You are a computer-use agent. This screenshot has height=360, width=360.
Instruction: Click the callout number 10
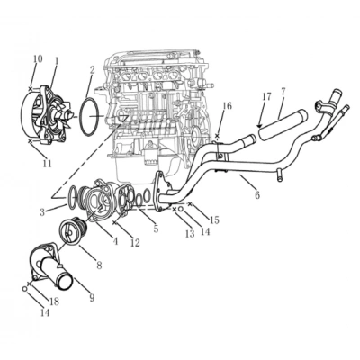point(37,59)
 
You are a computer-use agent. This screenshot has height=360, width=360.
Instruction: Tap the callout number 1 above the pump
point(56,62)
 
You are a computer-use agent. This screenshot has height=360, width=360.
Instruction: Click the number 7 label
point(283,92)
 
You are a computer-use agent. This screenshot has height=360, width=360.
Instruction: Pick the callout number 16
point(227,106)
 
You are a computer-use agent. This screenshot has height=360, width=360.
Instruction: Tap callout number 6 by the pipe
point(256,194)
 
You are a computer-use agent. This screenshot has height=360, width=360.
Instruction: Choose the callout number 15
point(215,220)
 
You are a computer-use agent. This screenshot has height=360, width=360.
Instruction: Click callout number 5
point(155,229)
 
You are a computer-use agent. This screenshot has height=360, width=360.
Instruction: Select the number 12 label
point(135,243)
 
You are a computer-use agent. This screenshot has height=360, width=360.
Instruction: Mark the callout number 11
point(47,163)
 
